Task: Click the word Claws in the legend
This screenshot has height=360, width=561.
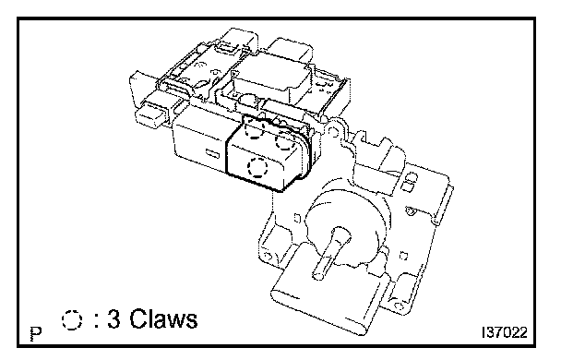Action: tap(163, 318)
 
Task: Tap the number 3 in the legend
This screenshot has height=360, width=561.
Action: tap(113, 318)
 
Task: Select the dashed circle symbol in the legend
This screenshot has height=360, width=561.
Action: tap(72, 319)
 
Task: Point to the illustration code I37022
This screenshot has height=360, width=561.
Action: tap(505, 332)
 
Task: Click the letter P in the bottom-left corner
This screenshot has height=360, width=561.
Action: tap(36, 334)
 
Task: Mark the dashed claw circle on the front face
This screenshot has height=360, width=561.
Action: tap(257, 167)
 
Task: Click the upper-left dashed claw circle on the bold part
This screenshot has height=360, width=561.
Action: tap(255, 128)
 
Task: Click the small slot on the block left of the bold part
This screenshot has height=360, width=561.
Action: tap(212, 154)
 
